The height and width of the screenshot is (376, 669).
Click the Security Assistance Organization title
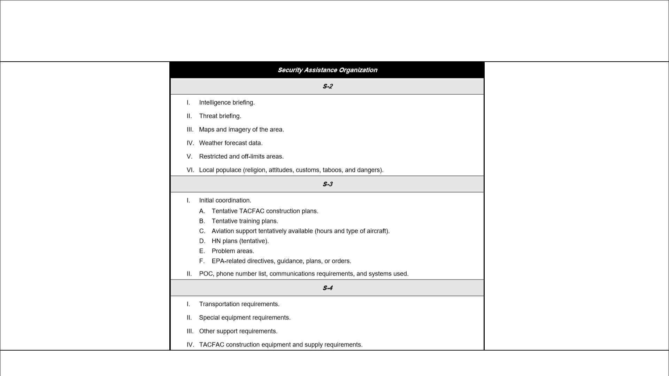(x=327, y=70)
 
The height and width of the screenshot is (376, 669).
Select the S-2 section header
(x=327, y=86)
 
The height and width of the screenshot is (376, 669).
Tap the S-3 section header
(x=327, y=184)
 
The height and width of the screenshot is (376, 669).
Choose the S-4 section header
(x=327, y=288)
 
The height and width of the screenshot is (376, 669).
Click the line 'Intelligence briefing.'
(x=227, y=103)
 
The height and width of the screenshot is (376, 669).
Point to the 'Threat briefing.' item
(x=220, y=116)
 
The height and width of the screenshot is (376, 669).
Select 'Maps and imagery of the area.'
(x=241, y=130)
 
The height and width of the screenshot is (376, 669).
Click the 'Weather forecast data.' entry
(x=231, y=143)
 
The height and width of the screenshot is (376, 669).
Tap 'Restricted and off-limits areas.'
(x=241, y=157)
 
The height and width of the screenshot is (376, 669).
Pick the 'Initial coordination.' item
(x=225, y=201)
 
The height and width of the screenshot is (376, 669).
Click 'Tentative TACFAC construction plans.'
(x=265, y=211)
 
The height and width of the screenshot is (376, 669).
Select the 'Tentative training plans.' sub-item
(x=245, y=221)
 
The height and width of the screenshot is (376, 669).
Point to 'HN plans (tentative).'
(x=240, y=241)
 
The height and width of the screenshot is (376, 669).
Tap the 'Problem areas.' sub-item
(x=233, y=251)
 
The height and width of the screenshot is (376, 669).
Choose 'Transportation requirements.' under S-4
(x=239, y=304)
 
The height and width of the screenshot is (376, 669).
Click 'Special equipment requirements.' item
(x=245, y=318)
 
